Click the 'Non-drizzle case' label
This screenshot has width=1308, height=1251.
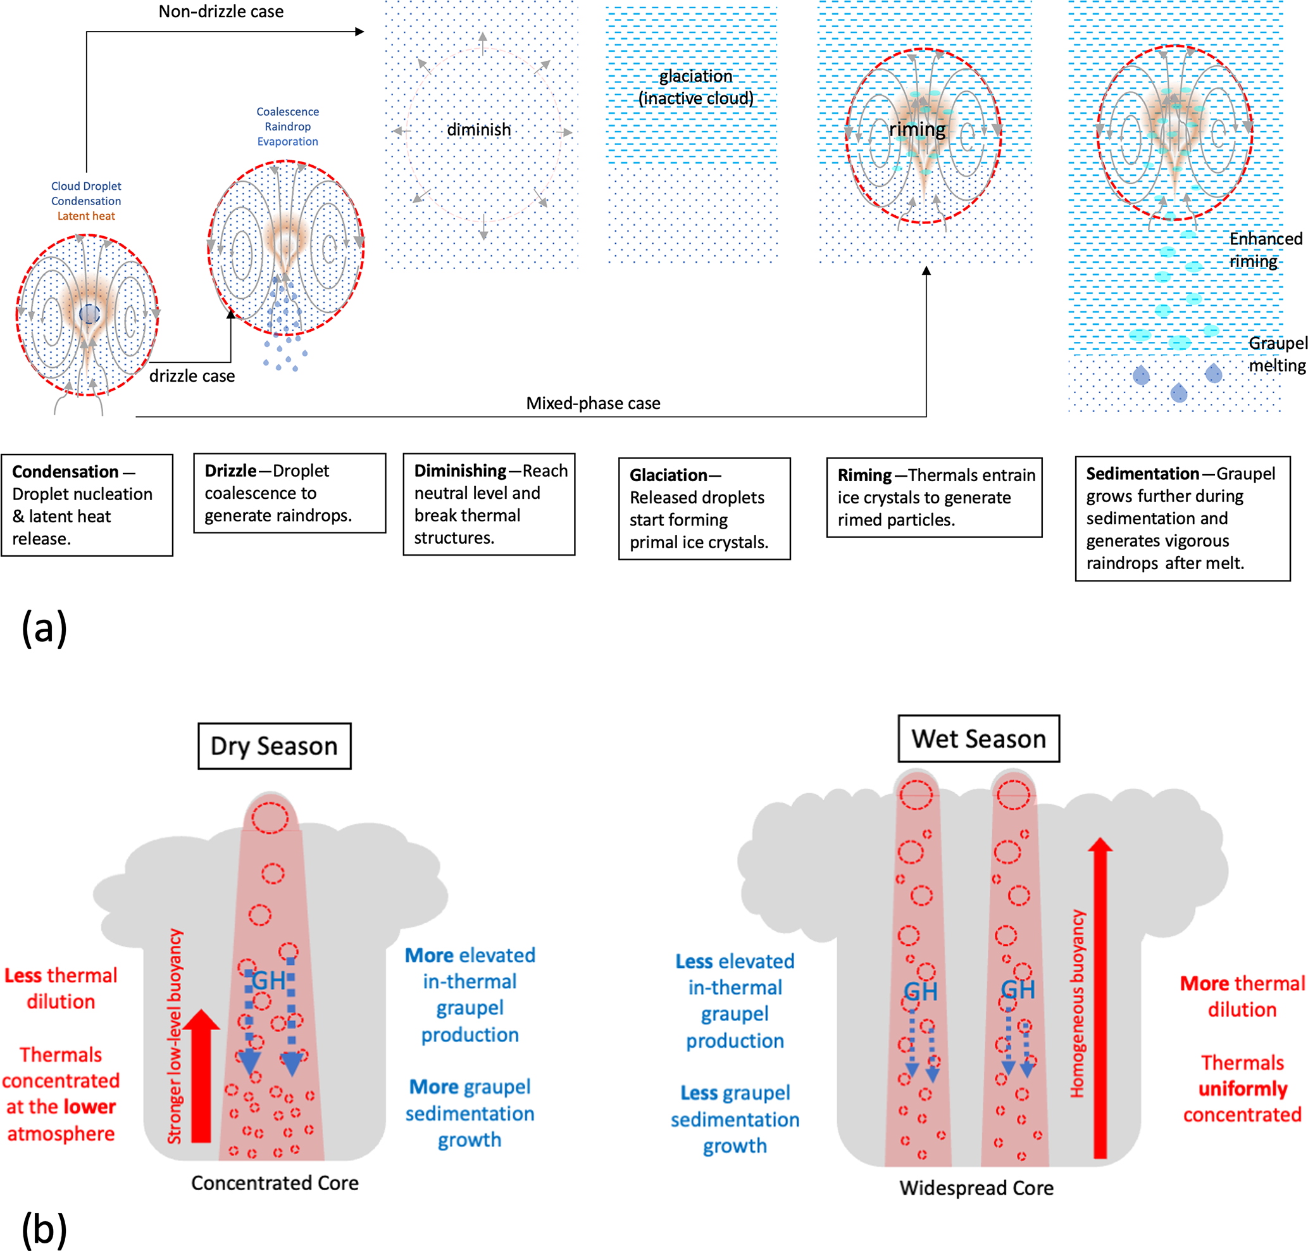pos(221,11)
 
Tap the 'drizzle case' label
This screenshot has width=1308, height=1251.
pos(192,376)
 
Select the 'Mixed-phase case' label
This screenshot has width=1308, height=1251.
pos(593,403)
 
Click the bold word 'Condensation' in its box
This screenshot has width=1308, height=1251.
pos(65,472)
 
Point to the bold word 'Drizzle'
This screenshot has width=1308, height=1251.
pos(230,471)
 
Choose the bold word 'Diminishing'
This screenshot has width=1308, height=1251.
pos(460,471)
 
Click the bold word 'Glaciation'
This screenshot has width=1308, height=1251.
pos(668,475)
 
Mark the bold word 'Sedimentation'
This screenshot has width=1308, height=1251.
pos(1142,474)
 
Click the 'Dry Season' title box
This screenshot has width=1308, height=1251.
pos(274,746)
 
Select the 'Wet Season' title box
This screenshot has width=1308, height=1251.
pos(978,739)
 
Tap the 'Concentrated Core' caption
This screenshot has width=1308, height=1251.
pos(275,1183)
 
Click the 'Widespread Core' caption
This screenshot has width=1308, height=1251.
pos(976,1188)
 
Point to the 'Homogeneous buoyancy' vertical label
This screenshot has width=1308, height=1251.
pos(1077,1003)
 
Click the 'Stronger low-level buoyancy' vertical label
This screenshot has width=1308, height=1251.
pos(175,1036)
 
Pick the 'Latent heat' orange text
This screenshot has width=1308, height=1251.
pos(86,216)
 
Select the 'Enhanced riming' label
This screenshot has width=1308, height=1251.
pos(1265,250)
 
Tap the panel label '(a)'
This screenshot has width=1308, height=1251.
pos(44,627)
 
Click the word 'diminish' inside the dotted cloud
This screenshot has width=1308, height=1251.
pos(478,129)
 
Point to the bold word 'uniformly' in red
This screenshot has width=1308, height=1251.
pos(1243,1089)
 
